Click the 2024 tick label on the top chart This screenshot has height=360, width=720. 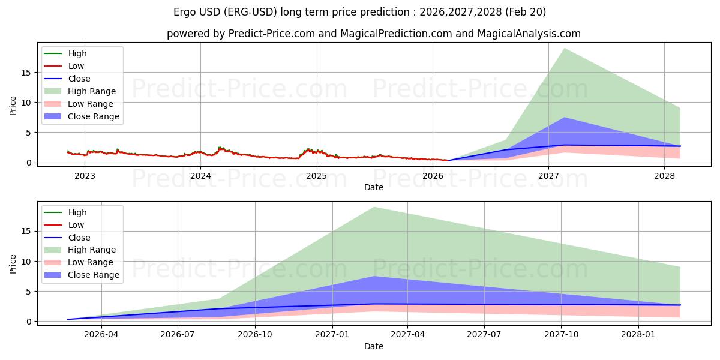pyautogui.click(x=200, y=176)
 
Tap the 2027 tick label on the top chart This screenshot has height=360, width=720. pyautogui.click(x=548, y=176)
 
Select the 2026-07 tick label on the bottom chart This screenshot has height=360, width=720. pyautogui.click(x=178, y=335)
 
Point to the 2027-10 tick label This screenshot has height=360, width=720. pyautogui.click(x=561, y=335)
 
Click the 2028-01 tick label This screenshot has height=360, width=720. pyautogui.click(x=638, y=335)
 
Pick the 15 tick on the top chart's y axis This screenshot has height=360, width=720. pyautogui.click(x=26, y=73)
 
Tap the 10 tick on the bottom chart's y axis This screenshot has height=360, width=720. pyautogui.click(x=26, y=262)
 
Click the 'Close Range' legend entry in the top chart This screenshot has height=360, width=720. pyautogui.click(x=82, y=116)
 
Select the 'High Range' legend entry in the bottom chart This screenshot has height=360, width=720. pyautogui.click(x=80, y=250)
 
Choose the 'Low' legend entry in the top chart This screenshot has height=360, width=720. pyautogui.click(x=64, y=66)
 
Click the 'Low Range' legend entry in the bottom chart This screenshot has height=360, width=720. pyautogui.click(x=79, y=262)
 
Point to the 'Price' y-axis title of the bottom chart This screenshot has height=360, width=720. pyautogui.click(x=13, y=264)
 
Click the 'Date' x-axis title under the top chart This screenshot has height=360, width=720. pyautogui.click(x=373, y=187)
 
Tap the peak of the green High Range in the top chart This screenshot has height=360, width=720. pyautogui.click(x=564, y=48)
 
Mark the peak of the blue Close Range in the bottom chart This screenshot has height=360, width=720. pyautogui.click(x=374, y=276)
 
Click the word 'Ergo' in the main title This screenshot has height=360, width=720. pyautogui.click(x=185, y=12)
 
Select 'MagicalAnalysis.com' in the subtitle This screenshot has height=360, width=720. pyautogui.click(x=529, y=34)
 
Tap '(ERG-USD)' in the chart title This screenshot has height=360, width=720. pyautogui.click(x=250, y=12)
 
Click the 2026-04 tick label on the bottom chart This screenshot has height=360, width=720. pyautogui.click(x=101, y=335)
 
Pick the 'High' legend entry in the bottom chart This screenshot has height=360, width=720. pyautogui.click(x=65, y=212)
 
